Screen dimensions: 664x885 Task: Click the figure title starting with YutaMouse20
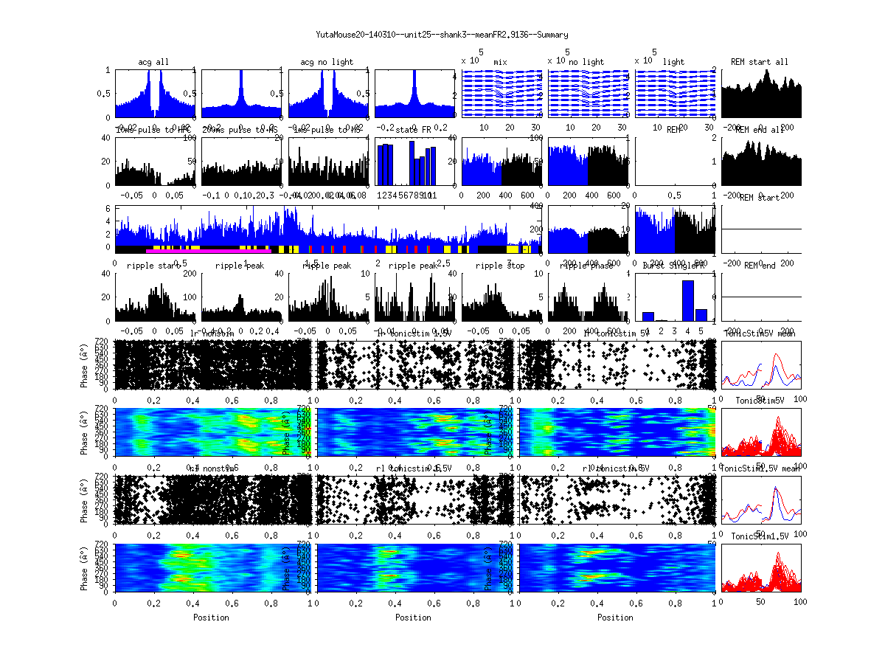point(442,35)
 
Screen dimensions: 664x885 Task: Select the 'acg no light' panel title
point(327,62)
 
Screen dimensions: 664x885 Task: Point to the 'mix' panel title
point(501,62)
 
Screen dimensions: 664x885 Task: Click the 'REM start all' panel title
point(760,62)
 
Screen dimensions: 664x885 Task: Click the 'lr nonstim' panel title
point(213,333)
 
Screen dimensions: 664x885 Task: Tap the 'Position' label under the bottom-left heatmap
point(211,617)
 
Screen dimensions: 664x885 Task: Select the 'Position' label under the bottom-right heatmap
point(615,617)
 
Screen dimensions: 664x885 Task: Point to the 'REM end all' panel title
point(760,130)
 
